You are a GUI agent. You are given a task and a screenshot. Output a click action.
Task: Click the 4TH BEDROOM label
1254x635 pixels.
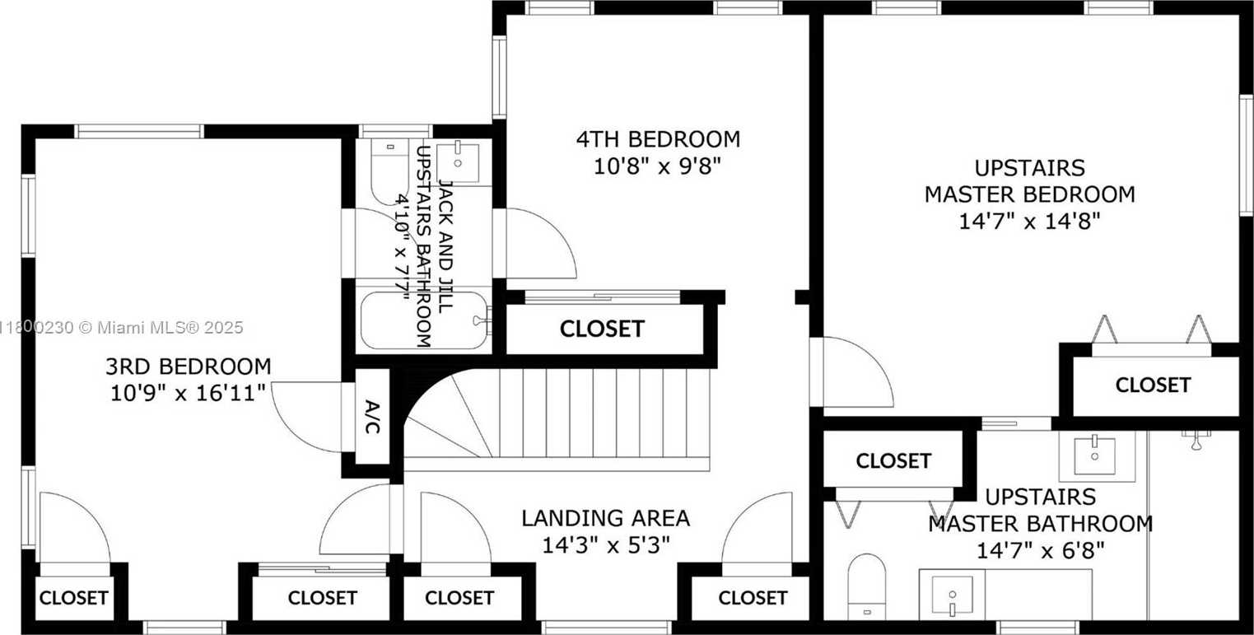659,139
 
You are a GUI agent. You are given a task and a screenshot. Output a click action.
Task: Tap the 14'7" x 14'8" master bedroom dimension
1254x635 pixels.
1029,222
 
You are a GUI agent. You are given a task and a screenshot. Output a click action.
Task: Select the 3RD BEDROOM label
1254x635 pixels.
188,367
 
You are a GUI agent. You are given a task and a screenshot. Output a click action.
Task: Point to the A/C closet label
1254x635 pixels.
372,417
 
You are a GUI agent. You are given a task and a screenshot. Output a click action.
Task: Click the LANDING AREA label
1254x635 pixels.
606,519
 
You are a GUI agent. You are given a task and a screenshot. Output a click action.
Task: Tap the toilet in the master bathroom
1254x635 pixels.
867,586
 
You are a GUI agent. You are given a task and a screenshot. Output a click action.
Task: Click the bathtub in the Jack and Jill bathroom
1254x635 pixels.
424,320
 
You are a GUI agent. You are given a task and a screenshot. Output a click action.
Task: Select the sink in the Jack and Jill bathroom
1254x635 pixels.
458,162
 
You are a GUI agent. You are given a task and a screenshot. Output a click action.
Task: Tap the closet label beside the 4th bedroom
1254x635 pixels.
603,329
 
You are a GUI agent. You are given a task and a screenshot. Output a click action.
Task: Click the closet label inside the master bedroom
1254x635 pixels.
1154,385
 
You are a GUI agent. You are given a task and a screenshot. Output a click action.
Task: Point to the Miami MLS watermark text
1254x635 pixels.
122,328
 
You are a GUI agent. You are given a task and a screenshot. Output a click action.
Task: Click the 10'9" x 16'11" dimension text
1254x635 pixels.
188,393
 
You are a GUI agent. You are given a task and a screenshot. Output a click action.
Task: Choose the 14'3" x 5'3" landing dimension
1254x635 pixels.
606,545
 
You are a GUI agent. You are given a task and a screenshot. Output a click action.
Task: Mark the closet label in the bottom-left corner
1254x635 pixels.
73,598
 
